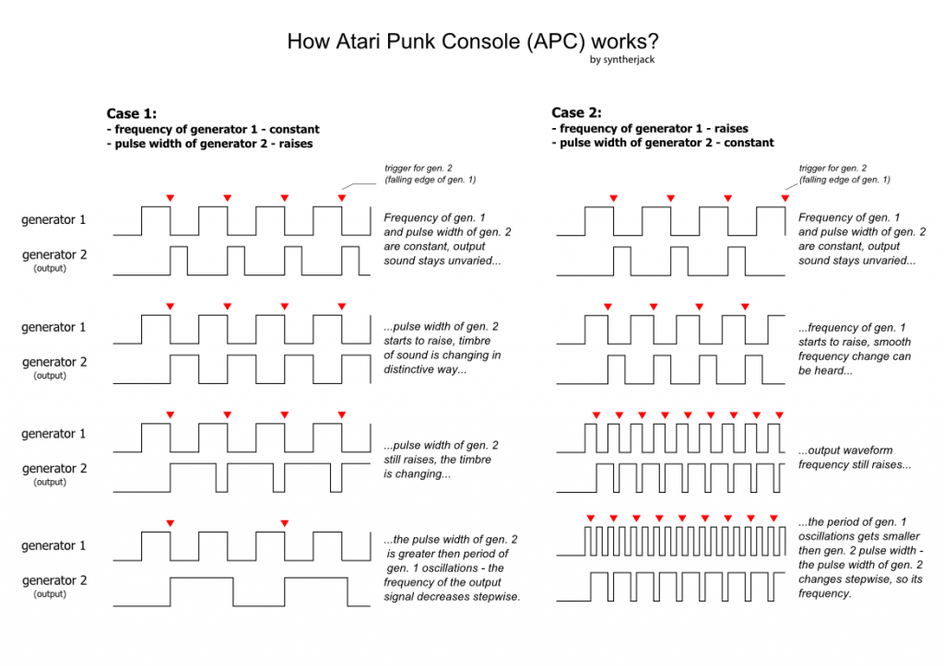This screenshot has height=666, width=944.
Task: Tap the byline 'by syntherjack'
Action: tap(624, 60)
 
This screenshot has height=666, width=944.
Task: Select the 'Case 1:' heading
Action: tap(132, 113)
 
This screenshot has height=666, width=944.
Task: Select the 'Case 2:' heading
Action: tap(576, 112)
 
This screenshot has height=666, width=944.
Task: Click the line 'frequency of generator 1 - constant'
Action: tap(213, 130)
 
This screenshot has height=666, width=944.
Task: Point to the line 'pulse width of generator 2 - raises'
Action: tap(209, 144)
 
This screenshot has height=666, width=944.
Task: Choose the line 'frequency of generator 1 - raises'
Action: tap(649, 129)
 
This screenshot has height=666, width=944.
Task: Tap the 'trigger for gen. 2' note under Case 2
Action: tap(833, 168)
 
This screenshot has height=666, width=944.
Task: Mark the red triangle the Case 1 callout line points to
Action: tap(342, 198)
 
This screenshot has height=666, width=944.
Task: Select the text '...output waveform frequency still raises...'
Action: tap(855, 457)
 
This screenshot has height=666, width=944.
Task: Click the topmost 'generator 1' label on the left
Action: tap(54, 219)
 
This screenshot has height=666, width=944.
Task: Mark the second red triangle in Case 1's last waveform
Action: tap(285, 524)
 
